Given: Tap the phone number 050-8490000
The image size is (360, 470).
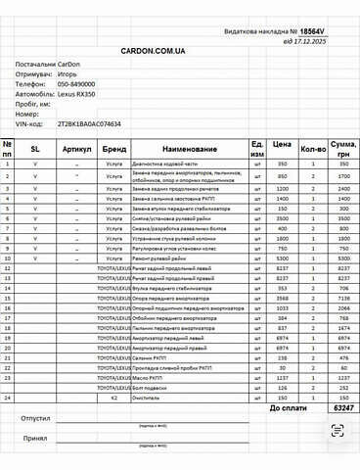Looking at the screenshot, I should (x=75, y=85).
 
